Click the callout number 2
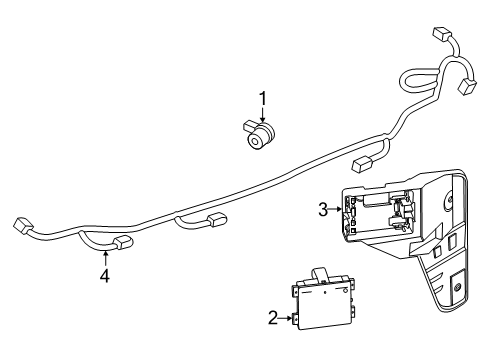[x=273, y=317]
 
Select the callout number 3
[x=323, y=209]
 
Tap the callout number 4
[x=104, y=274]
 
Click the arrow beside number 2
[x=287, y=317]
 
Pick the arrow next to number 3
[x=337, y=209]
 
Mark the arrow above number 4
[x=104, y=255]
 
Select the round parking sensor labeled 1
[x=263, y=135]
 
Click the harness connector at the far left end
[x=21, y=225]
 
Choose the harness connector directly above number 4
[x=124, y=240]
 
